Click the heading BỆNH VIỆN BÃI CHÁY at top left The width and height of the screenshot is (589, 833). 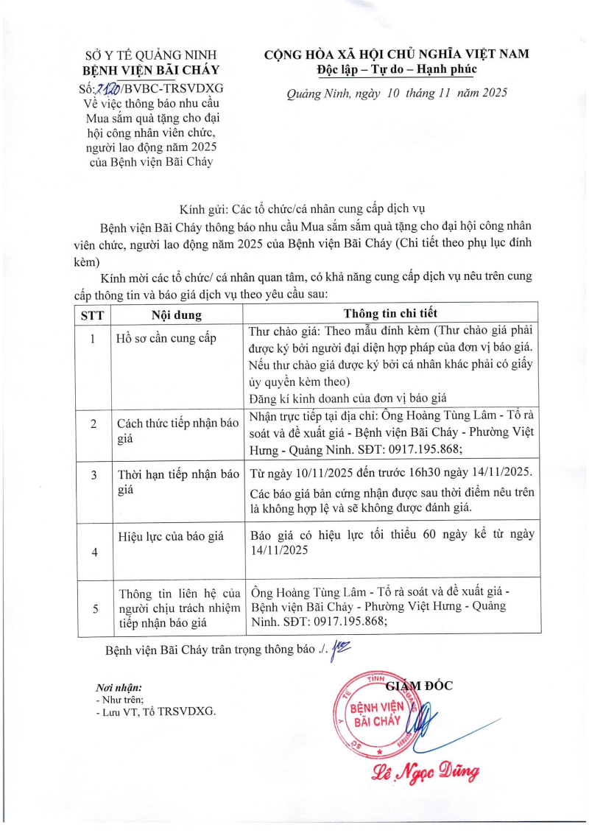click(x=153, y=71)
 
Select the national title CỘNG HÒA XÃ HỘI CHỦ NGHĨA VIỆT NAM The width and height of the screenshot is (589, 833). click(x=397, y=54)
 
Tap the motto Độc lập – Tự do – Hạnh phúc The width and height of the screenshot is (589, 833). click(x=397, y=69)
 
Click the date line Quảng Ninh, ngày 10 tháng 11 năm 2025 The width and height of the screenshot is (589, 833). click(x=397, y=93)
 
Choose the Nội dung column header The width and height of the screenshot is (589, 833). click(x=177, y=314)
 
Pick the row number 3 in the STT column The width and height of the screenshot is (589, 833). click(x=93, y=475)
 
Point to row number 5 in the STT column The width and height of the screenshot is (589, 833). click(x=93, y=608)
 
